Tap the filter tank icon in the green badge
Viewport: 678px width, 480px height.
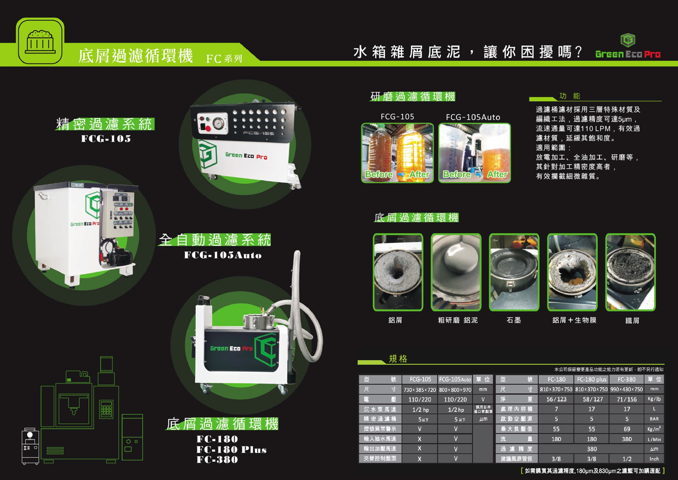point(40,42)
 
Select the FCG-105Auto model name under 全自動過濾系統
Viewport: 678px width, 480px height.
point(223,255)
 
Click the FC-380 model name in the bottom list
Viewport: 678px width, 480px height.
point(217,460)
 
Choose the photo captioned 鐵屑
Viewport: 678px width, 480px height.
point(630,272)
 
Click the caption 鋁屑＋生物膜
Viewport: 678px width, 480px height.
point(574,320)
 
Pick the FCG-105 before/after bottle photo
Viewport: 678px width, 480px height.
point(397,153)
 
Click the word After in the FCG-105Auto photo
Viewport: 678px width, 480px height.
point(497,174)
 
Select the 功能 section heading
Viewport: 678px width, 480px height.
point(570,96)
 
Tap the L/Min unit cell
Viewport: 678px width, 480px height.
point(654,439)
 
